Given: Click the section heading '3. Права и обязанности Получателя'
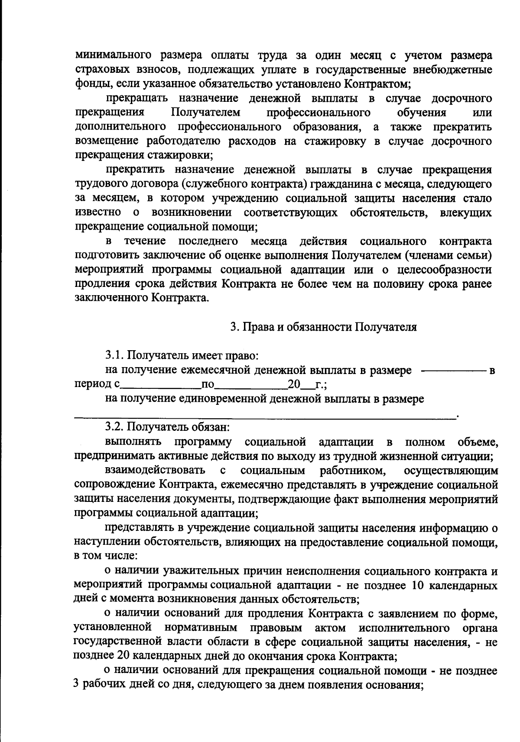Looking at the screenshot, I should coord(323,327).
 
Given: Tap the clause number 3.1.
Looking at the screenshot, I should coord(114,356).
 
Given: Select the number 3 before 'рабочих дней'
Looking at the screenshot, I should coord(77,685).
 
